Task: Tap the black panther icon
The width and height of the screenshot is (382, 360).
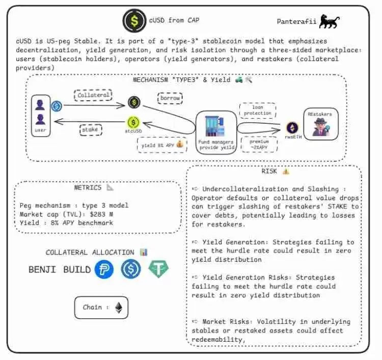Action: click(330, 21)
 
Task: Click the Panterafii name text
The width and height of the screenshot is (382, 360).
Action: click(296, 22)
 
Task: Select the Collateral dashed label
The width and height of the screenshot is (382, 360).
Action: click(94, 95)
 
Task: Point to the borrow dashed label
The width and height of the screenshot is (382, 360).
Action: click(170, 97)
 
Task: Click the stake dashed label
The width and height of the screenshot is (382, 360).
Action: click(90, 129)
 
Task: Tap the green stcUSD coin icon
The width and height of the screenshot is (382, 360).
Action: click(133, 123)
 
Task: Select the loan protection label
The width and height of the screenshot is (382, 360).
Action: click(257, 110)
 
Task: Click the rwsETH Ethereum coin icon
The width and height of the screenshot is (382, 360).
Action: click(292, 127)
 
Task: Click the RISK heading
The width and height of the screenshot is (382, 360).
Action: click(269, 172)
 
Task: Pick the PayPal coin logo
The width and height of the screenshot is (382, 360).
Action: click(104, 269)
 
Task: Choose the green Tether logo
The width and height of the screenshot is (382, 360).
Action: click(158, 269)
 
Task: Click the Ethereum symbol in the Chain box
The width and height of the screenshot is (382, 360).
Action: click(119, 308)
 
